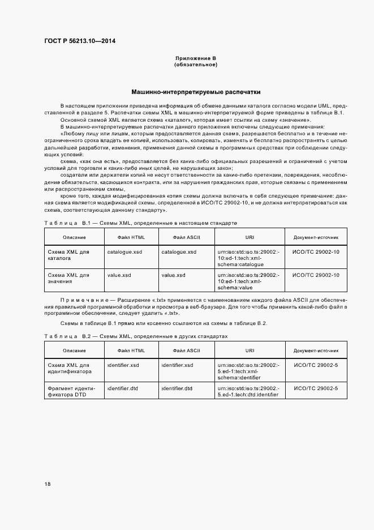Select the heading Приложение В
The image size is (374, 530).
click(195, 59)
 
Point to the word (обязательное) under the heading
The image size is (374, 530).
click(195, 65)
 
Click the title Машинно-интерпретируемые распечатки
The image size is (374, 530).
click(195, 91)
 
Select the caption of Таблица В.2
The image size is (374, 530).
click(136, 336)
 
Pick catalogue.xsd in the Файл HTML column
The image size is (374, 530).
click(124, 252)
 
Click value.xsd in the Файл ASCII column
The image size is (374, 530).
click(173, 275)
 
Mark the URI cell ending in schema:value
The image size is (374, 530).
click(248, 281)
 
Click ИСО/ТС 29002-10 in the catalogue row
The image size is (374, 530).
click(316, 252)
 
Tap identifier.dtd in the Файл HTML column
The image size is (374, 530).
click(123, 388)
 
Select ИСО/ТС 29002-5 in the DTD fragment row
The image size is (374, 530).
click(316, 388)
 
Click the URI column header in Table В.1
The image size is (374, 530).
click(249, 237)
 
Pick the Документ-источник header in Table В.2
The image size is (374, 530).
click(316, 351)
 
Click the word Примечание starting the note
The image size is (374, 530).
click(84, 300)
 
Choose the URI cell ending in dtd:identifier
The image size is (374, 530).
click(248, 391)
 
